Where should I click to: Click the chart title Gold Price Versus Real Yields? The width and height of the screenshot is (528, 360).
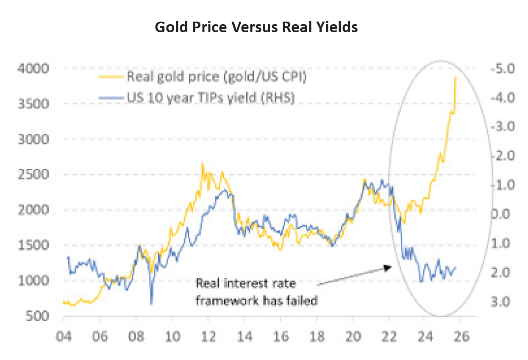(x=256, y=27)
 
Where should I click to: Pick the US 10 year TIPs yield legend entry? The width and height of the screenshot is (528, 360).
(x=209, y=97)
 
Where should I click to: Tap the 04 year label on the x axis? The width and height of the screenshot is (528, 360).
(x=63, y=337)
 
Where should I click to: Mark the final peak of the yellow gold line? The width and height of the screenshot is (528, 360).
(x=455, y=77)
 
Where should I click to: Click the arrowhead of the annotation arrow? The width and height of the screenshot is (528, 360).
(x=387, y=267)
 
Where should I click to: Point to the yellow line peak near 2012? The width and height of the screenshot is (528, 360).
(x=202, y=163)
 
